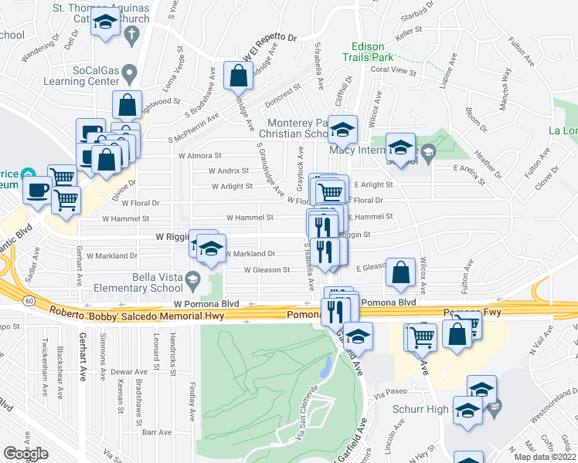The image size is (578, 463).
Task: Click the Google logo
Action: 25,454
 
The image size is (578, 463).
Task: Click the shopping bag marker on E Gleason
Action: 400,272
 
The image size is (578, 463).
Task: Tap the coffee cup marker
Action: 38,190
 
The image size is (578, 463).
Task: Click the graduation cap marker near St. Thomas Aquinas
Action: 104,25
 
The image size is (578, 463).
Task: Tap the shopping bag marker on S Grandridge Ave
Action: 238,76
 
